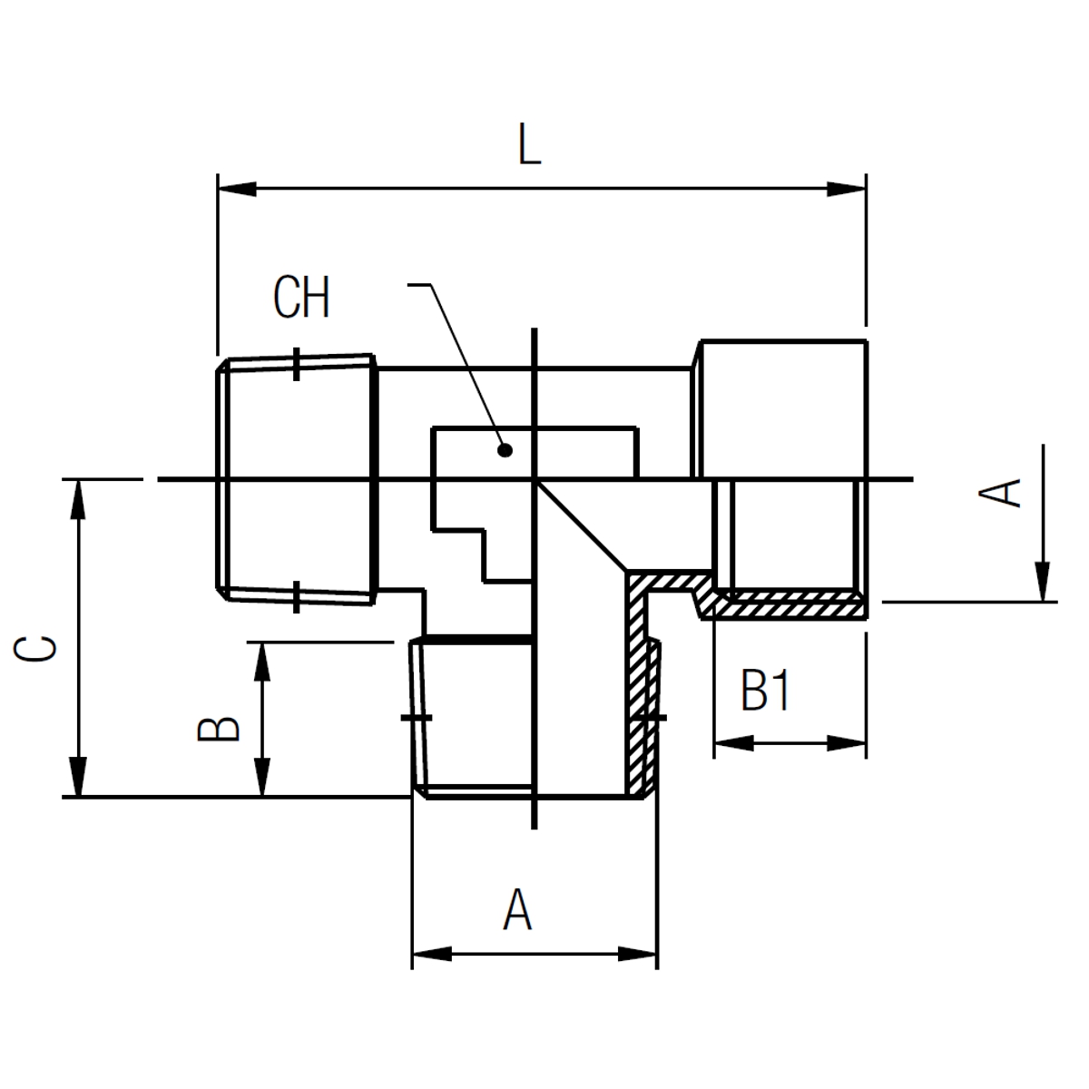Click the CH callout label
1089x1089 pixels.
click(301, 298)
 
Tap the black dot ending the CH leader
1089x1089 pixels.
click(505, 450)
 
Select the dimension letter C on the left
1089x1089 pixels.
click(35, 649)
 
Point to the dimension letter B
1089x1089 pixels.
click(219, 729)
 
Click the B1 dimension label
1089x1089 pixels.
click(765, 690)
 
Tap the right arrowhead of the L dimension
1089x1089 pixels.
click(847, 190)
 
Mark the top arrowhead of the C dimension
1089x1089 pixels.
click(78, 499)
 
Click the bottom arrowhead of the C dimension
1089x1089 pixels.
click(78, 777)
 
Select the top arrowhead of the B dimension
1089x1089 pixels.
click(262, 662)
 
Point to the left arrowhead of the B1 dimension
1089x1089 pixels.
click(734, 743)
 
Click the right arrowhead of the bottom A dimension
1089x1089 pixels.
click(637, 955)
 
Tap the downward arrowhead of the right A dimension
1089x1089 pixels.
click(1043, 582)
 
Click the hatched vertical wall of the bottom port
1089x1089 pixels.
click(636, 684)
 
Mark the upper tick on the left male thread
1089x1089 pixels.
click(296, 364)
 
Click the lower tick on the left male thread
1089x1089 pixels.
click(296, 597)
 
